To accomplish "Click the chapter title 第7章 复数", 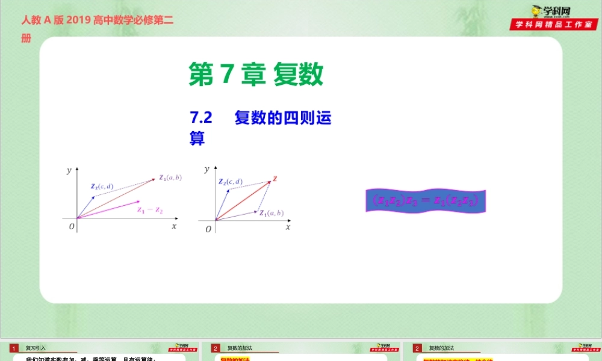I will [256, 75].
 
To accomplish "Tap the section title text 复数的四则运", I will [283, 118].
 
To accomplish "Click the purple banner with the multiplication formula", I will [426, 200].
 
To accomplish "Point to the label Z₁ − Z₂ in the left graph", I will [150, 210].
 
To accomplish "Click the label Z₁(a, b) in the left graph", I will [170, 177].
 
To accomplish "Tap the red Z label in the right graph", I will [275, 179].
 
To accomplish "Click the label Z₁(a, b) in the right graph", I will [272, 213].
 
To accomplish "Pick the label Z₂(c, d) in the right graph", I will [231, 182].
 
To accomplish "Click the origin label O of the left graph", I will [72, 227].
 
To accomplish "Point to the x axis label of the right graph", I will [288, 227].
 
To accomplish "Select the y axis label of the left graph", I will [69, 170].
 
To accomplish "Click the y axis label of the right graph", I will [207, 170].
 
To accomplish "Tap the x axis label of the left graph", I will [174, 226].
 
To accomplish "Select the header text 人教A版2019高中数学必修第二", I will [98, 20].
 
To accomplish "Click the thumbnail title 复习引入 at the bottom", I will [36, 348].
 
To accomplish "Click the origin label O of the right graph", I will [208, 229].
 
